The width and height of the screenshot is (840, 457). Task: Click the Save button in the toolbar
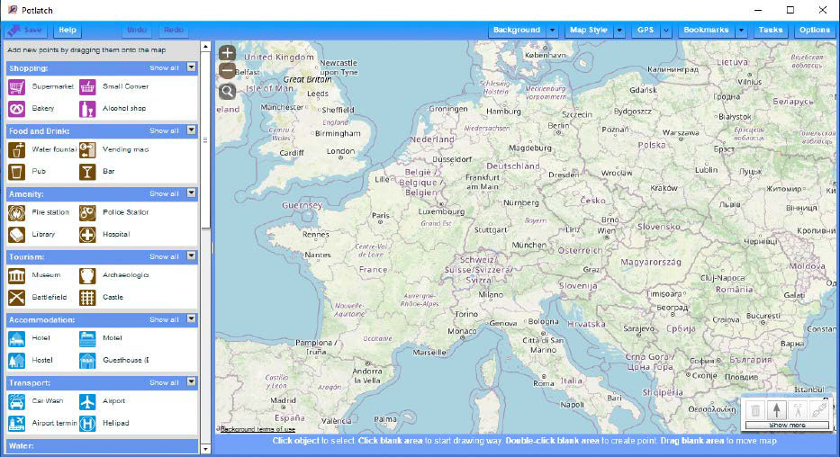coord(26,30)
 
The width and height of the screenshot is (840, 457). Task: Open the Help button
coord(68,30)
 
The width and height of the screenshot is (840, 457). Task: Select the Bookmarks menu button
coord(706,30)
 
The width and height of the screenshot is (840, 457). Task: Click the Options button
coord(814,30)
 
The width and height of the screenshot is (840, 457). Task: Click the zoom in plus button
coord(227,53)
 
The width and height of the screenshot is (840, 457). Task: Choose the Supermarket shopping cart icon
coord(16,87)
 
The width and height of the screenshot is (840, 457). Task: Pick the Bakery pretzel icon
coord(16,109)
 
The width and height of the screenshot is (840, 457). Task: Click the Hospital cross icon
coord(87,235)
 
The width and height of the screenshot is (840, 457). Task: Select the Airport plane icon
coord(87,401)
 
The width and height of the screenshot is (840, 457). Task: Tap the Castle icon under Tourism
coord(87,298)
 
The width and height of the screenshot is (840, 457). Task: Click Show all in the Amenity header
coord(164,193)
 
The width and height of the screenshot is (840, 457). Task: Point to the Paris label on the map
coord(382,216)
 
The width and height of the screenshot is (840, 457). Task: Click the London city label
coord(340,151)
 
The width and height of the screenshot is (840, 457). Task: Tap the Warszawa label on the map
coord(680,132)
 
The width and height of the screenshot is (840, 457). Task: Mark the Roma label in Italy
coord(544,383)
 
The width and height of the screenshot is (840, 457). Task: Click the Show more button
coord(786,425)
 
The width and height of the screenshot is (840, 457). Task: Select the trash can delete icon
coord(755,410)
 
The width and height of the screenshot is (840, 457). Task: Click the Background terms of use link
coord(257,429)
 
